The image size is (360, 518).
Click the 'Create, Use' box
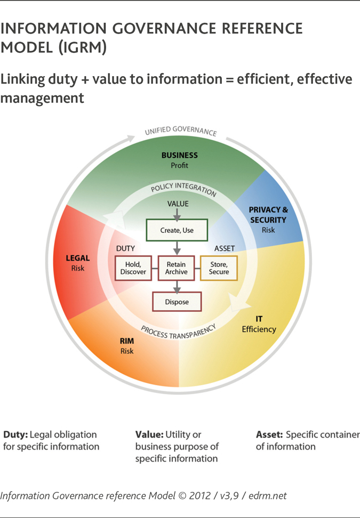click(177, 230)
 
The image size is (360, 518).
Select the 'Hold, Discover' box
click(133, 268)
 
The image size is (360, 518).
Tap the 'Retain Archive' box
click(176, 268)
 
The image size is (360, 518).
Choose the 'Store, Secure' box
click(219, 268)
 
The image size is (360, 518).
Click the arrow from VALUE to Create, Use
click(178, 214)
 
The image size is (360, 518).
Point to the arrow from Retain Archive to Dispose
click(177, 286)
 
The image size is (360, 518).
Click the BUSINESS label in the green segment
click(180, 155)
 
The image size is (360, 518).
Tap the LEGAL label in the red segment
click(78, 258)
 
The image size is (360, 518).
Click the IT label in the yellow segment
click(259, 319)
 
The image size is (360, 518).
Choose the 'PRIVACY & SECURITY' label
click(268, 215)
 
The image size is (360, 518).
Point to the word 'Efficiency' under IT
click(259, 329)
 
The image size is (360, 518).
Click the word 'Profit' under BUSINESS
click(180, 165)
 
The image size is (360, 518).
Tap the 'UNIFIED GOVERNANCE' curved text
click(181, 131)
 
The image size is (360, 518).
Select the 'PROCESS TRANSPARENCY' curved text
click(179, 333)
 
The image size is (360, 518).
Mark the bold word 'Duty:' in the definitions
click(16, 434)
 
